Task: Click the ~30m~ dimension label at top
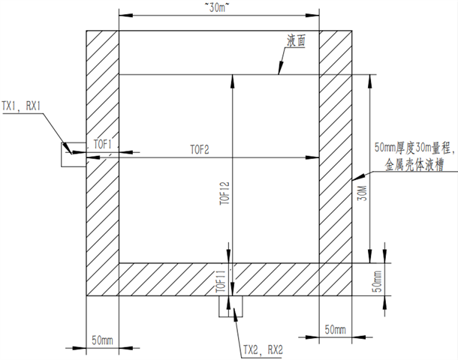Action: point(216,8)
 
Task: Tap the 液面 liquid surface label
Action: point(296,40)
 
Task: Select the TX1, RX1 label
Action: point(21,106)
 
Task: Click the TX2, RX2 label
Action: point(263,349)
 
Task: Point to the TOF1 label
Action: point(103,144)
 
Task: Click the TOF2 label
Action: point(200,150)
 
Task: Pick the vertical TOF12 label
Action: point(225,193)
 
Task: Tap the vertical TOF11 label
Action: point(221,281)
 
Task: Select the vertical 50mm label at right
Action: point(378,281)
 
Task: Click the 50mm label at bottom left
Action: point(102,340)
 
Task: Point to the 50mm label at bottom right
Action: point(335,330)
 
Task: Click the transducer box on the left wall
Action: point(74,155)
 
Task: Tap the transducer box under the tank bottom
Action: point(231,306)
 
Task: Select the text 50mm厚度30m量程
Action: point(414,148)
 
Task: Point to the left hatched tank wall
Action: point(103,163)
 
